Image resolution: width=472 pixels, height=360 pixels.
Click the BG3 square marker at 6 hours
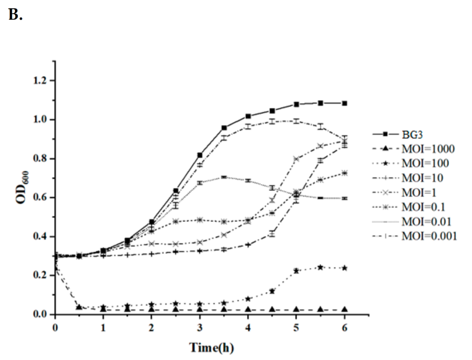click(345, 103)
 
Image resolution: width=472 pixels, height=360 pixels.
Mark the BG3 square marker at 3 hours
click(200, 155)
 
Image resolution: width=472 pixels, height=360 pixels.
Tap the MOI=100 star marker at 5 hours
click(297, 271)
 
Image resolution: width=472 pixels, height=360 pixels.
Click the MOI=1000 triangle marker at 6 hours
click(345, 309)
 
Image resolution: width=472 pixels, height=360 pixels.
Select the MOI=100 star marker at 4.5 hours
click(272, 291)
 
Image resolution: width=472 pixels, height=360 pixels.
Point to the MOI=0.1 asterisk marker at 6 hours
click(345, 173)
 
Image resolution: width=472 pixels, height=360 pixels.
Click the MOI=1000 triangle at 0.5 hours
click(79, 308)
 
